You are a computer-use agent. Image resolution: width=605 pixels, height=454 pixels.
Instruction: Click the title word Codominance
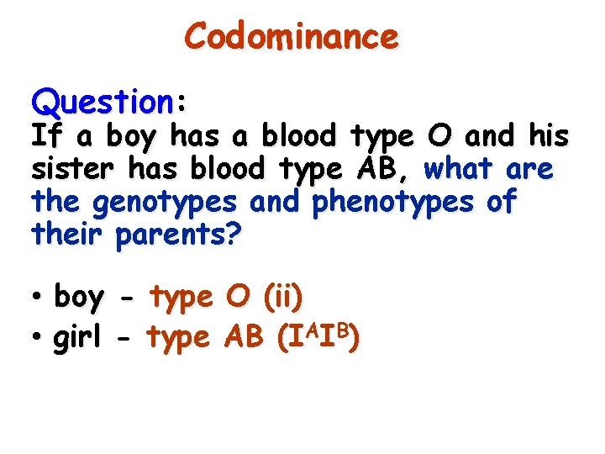pyautogui.click(x=291, y=38)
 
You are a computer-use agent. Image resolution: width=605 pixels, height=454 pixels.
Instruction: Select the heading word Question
pyautogui.click(x=102, y=103)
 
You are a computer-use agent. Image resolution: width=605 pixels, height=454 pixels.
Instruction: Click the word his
pyautogui.click(x=550, y=135)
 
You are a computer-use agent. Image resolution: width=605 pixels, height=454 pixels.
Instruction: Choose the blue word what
pyautogui.click(x=461, y=169)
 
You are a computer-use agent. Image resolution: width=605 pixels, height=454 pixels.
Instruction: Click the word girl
pyautogui.click(x=76, y=338)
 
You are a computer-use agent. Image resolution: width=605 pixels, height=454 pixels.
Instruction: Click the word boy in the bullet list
pyautogui.click(x=79, y=298)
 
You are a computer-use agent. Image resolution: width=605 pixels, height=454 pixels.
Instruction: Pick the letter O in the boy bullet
pyautogui.click(x=239, y=297)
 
